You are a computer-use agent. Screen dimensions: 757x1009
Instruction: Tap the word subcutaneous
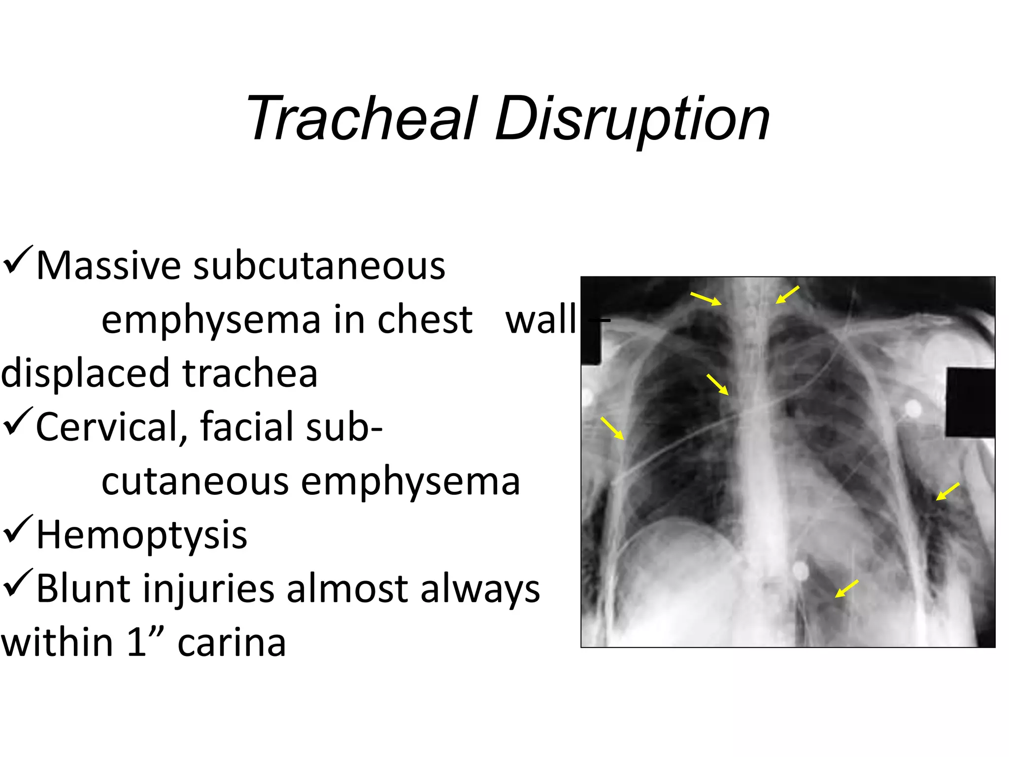click(319, 266)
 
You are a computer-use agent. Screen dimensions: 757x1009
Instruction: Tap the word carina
click(232, 643)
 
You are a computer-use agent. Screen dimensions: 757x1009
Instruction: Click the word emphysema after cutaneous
click(410, 482)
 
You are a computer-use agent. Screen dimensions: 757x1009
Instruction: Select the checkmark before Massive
click(18, 261)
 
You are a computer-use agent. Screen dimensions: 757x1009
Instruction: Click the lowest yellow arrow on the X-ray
click(846, 588)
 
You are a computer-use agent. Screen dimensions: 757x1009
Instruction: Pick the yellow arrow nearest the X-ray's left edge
click(612, 428)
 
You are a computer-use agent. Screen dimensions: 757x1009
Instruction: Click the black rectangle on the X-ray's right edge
click(970, 402)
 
